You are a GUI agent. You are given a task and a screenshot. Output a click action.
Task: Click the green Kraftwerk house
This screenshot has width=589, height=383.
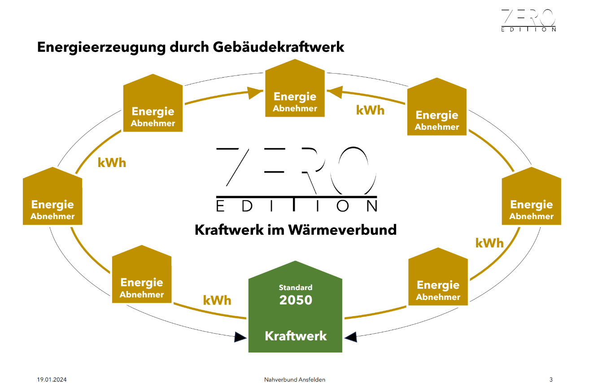point(295,307)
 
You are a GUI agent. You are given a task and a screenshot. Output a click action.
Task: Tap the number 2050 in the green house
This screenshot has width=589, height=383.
point(296,300)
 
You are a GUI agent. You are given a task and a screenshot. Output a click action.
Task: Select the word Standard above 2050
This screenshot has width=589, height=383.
point(296,287)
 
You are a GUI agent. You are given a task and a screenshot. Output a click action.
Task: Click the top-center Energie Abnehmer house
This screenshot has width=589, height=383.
point(295,88)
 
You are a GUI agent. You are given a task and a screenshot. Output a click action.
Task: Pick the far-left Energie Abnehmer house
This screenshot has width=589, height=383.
point(52,196)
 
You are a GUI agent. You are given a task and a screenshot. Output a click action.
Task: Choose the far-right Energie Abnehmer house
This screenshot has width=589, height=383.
point(532,196)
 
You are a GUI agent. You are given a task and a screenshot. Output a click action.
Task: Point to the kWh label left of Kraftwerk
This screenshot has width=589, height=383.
point(217,300)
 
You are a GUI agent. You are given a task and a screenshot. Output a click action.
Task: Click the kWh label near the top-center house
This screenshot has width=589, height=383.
point(370,110)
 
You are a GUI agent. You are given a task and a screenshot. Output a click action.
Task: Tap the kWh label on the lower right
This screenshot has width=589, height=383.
point(489,243)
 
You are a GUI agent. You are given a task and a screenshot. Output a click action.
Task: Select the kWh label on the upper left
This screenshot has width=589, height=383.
point(112,163)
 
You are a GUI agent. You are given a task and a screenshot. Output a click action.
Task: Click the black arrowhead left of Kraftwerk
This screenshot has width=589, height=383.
point(240,337)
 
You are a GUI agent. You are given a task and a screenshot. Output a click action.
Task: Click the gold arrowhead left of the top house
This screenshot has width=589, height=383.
point(255,92)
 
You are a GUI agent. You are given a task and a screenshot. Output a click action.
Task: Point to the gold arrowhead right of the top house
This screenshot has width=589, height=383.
point(335,92)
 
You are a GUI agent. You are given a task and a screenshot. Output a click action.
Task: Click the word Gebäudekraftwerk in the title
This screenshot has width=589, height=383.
point(279,48)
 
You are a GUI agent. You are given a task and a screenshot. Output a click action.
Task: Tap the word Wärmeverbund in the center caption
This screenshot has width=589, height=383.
point(342,230)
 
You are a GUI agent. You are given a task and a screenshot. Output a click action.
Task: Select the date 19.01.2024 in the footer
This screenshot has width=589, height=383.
point(52,379)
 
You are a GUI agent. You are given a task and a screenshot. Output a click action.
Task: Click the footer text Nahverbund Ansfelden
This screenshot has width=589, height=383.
point(294,379)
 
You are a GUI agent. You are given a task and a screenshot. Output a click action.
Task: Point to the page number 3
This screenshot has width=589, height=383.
point(551,379)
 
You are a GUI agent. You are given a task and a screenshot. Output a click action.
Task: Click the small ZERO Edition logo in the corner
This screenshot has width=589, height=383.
point(528,20)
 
